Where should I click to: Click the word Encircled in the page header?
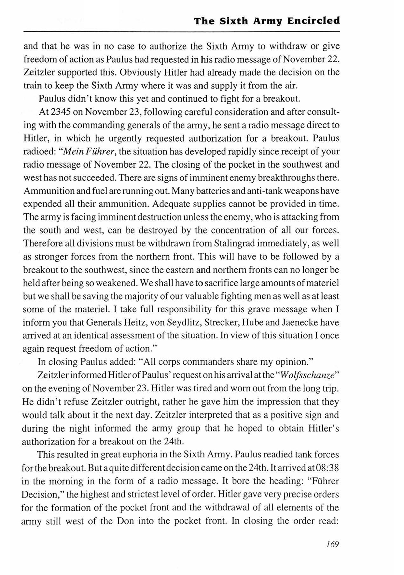(313, 21)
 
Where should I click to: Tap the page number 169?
(332, 544)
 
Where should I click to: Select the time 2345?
(61, 112)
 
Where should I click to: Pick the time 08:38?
(327, 468)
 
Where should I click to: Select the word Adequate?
(171, 204)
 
